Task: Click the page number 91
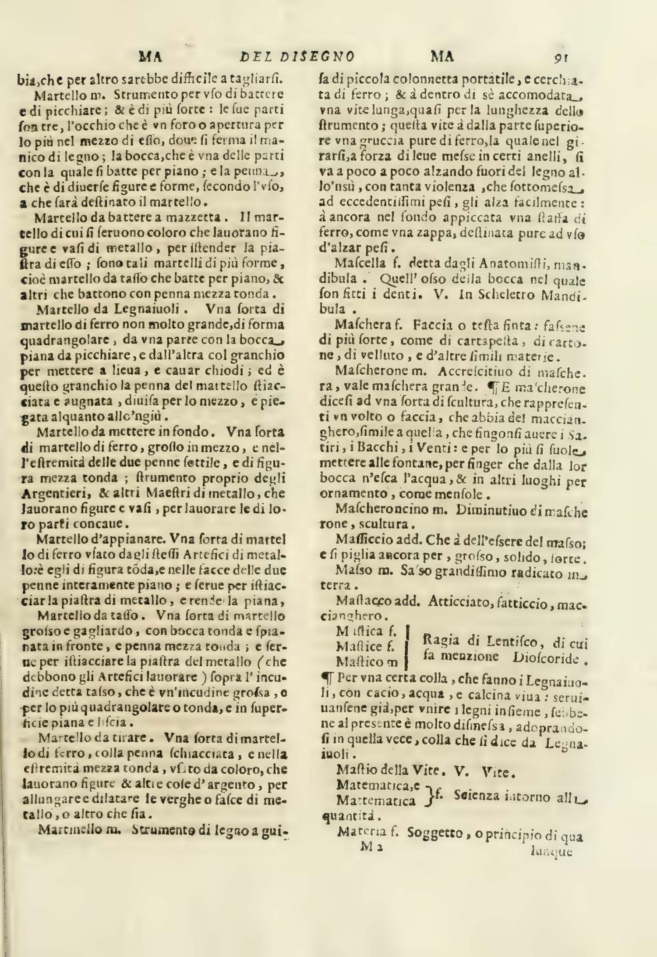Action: (561, 57)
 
